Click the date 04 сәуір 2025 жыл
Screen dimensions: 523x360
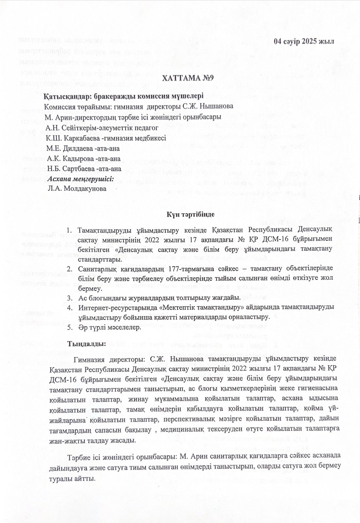(304, 42)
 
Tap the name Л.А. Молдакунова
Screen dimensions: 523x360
(77, 189)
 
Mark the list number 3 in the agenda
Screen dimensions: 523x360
(69, 298)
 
